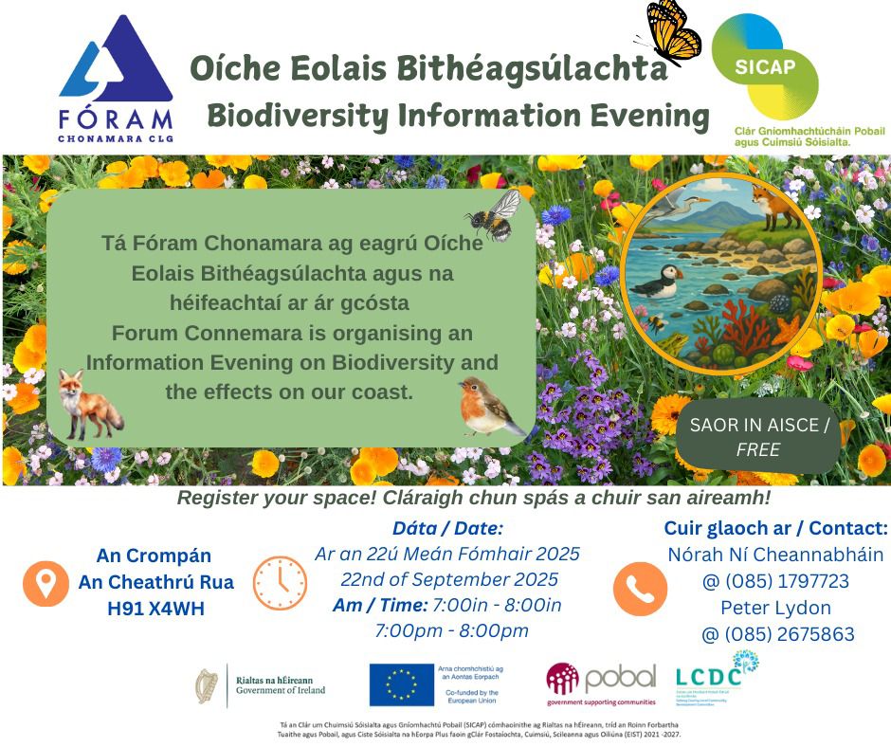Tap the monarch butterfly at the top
(x=674, y=31)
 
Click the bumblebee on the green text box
(x=495, y=216)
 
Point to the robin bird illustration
(x=486, y=406)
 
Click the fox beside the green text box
(x=90, y=404)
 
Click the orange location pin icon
(x=45, y=583)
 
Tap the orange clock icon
(x=280, y=583)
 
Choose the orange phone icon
(x=640, y=589)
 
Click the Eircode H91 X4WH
(x=155, y=609)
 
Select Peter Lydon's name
(x=774, y=608)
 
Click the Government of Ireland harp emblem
(x=207, y=684)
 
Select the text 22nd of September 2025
(x=446, y=579)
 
